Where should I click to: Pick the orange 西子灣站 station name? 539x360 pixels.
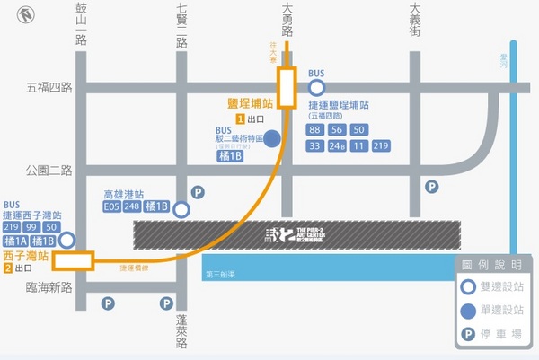coord(27,256)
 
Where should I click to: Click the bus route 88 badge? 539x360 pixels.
coord(314,129)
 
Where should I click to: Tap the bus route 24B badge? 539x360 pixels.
coord(337,146)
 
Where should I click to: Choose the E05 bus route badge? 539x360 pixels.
coord(112,207)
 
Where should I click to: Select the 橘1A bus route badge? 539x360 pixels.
coord(14,241)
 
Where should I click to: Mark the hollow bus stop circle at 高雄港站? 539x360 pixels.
coord(181,209)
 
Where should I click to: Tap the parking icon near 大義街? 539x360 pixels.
coord(432,187)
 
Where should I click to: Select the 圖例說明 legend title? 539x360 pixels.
coord(490,265)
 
